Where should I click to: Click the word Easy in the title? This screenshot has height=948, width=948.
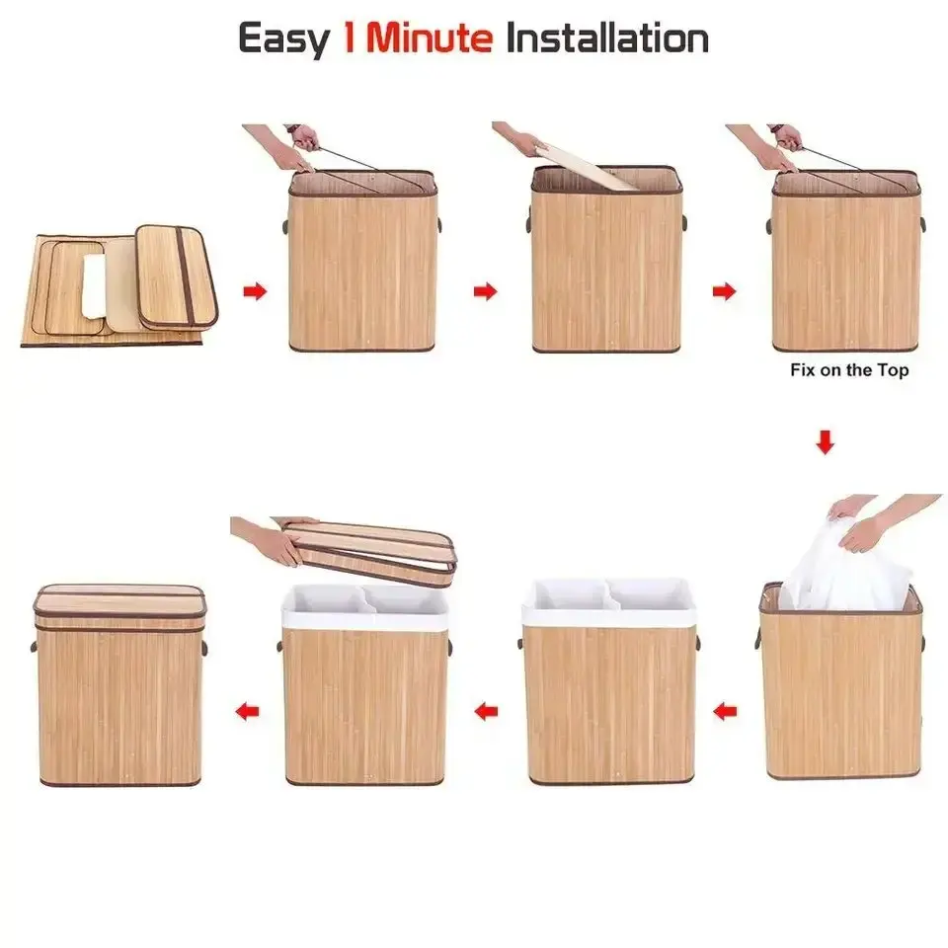tap(284, 39)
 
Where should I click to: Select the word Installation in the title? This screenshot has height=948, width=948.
tap(606, 39)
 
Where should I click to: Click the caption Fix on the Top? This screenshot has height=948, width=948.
tap(849, 371)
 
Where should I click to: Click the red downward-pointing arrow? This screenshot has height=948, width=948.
tap(826, 443)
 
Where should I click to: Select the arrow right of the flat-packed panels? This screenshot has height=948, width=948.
tap(255, 291)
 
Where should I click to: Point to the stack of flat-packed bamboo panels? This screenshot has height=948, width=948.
tap(118, 286)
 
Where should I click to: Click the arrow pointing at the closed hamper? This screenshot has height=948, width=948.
tap(247, 710)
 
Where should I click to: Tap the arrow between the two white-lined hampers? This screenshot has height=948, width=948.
tap(485, 710)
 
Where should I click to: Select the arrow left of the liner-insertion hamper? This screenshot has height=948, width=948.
tap(727, 710)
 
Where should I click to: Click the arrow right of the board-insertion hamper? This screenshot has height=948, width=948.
tap(724, 291)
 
